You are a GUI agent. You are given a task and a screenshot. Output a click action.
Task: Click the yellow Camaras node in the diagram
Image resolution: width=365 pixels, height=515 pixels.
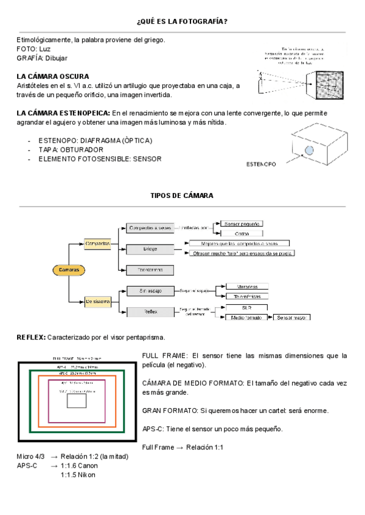point(69,269)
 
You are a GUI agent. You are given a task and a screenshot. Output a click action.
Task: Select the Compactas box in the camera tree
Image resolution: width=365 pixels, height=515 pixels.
point(98,243)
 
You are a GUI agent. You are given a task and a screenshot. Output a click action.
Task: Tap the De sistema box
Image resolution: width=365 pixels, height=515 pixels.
point(98,301)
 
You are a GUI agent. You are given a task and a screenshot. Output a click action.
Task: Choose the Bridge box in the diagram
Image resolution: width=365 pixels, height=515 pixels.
point(149,249)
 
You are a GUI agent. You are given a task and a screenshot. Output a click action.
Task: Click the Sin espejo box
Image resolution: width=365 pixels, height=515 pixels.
point(149,291)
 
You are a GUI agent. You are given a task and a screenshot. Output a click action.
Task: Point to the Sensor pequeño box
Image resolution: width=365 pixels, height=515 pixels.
point(241,224)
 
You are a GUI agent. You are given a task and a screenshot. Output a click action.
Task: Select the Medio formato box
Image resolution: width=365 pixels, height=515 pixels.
point(247,318)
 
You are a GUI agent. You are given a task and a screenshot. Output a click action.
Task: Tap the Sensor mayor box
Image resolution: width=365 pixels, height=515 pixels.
point(292,318)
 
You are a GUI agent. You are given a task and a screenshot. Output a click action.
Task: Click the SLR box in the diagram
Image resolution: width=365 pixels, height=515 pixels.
point(247,308)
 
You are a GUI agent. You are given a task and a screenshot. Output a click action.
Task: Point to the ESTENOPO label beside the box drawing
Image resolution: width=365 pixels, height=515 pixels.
point(261,165)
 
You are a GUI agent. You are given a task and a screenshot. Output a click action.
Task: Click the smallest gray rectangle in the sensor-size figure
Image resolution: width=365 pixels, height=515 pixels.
point(76,401)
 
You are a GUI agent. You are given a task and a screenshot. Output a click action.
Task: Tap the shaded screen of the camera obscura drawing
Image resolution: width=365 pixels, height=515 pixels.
point(329,86)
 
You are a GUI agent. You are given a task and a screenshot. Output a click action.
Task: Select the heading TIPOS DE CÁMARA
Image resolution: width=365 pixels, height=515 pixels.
point(182,196)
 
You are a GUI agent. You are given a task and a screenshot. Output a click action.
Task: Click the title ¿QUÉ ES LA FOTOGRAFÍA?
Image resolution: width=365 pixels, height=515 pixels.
point(182,22)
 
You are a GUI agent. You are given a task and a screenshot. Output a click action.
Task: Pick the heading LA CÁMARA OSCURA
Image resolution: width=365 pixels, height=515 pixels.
point(53,77)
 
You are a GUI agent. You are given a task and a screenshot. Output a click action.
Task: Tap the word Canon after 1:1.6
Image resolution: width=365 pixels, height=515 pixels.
point(88,466)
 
